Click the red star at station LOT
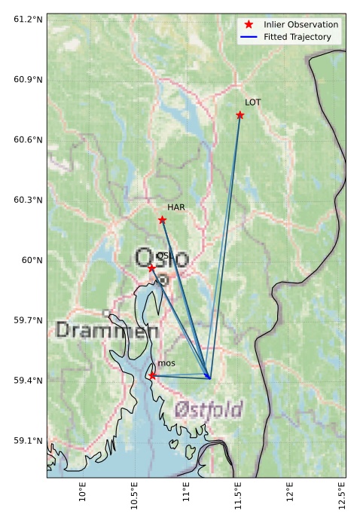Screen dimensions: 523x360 pos(240,115)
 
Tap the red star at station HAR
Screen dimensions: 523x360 pos(162,220)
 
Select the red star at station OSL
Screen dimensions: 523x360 pos(151,268)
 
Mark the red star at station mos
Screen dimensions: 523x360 pos(152,375)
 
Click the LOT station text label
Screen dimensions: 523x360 pos(253,102)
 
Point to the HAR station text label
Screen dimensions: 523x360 pos(175,207)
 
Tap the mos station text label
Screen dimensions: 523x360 pos(166,363)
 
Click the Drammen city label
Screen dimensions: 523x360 pos(106,330)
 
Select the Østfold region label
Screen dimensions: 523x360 pos(209,409)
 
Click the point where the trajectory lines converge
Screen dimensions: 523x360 pos(210,378)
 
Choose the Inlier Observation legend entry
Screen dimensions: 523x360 pos(301,25)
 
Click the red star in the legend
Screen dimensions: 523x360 pos(249,25)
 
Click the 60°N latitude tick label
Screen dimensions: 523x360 pos(31,260)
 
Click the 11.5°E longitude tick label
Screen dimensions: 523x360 pos(237,497)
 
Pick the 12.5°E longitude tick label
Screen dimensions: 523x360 pos(341,497)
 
